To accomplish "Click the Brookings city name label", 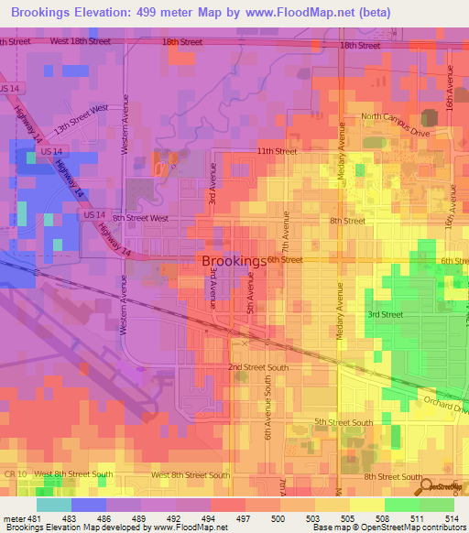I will tap(233, 261).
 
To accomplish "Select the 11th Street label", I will tap(277, 150).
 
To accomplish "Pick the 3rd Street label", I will tap(385, 314).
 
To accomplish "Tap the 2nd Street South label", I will tap(258, 367).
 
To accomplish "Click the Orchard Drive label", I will tap(445, 403).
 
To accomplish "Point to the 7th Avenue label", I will tap(286, 234).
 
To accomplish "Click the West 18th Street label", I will tap(81, 42).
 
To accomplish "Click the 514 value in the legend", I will tap(453, 519).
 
